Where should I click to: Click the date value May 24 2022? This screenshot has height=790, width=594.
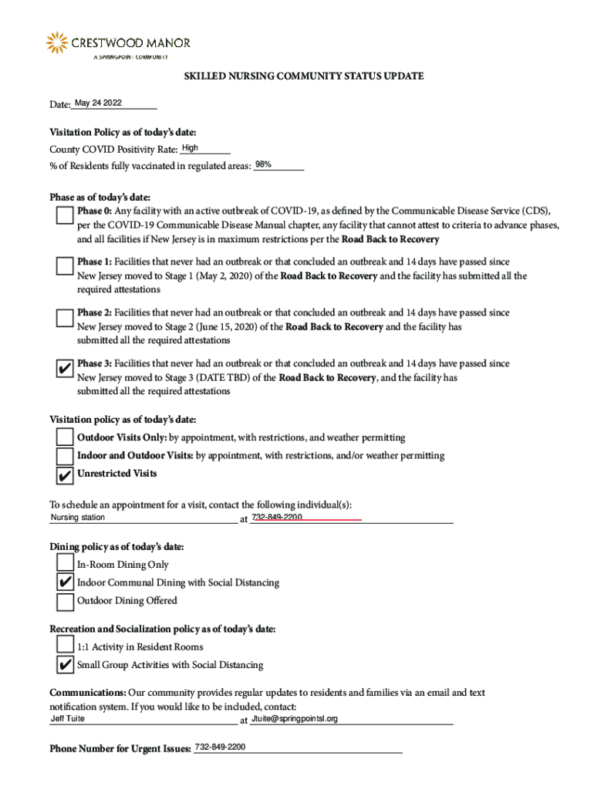point(98,103)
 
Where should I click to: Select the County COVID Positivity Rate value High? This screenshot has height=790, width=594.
point(190,148)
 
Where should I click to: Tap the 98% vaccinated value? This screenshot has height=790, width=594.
point(263,165)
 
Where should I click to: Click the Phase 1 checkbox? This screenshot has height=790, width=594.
point(66,267)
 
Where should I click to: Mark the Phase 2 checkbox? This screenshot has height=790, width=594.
point(66,318)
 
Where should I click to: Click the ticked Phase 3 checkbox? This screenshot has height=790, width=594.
point(66,369)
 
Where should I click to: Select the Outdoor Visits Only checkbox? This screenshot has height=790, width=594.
point(66,438)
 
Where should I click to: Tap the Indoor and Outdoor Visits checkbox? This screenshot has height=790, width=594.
point(66,456)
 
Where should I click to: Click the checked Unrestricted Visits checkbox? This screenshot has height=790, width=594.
point(66,474)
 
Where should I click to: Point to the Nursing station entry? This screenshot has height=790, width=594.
point(78,518)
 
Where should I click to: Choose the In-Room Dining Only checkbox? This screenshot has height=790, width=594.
point(66,565)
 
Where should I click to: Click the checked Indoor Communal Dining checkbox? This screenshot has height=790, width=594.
point(66,583)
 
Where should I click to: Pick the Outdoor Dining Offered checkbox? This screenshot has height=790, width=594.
point(66,601)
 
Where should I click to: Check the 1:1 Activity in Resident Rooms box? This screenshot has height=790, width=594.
point(66,647)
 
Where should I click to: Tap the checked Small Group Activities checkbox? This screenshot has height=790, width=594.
point(66,665)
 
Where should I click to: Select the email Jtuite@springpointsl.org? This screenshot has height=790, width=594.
point(295,719)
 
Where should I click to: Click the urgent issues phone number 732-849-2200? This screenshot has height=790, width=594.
point(221,748)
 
